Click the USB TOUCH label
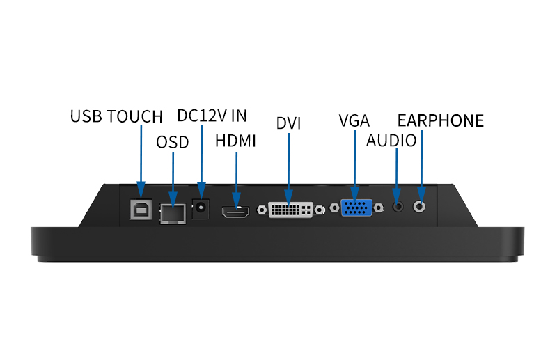(116, 116)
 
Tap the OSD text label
(172, 142)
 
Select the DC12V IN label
(212, 116)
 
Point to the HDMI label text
(235, 141)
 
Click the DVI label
(288, 123)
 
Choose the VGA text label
(354, 120)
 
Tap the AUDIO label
(391, 141)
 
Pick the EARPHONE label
(440, 120)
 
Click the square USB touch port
(140, 210)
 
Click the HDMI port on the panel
(236, 213)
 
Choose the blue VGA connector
(356, 210)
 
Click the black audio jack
(398, 207)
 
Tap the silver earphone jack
(421, 206)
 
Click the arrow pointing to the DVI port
(288, 167)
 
